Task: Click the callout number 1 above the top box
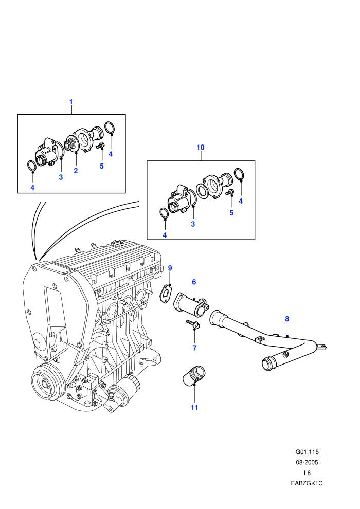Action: (71, 102)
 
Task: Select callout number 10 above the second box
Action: (200, 148)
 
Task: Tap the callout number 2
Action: (76, 171)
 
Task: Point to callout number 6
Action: (194, 282)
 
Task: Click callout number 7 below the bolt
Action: (194, 348)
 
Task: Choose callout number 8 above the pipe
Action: (287, 319)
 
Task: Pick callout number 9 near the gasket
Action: (170, 268)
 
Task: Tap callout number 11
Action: (194, 407)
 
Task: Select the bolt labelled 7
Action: (193, 323)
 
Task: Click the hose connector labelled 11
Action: (194, 376)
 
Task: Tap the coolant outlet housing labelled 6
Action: (191, 304)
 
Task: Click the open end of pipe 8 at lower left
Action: (268, 363)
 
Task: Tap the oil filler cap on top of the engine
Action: (116, 244)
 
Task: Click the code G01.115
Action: (307, 452)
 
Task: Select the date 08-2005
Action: (307, 463)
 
